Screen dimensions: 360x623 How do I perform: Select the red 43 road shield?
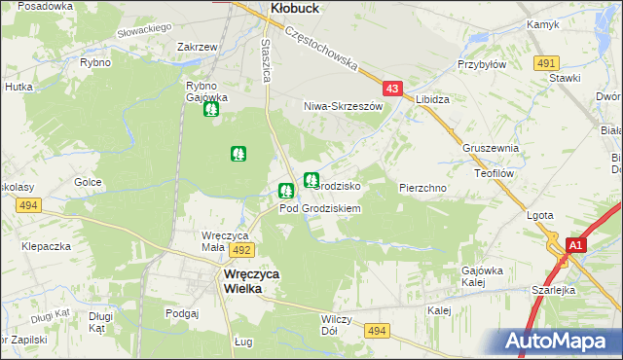[392, 89]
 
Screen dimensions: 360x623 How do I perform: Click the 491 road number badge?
[545, 62]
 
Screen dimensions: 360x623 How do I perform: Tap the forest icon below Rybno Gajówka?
[211, 109]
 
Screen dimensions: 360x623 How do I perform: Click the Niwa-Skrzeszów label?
[340, 105]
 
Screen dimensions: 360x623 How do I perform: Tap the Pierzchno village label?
[422, 187]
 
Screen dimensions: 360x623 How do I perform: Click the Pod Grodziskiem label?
[320, 208]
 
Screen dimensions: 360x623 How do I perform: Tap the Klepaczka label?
[48, 247]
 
